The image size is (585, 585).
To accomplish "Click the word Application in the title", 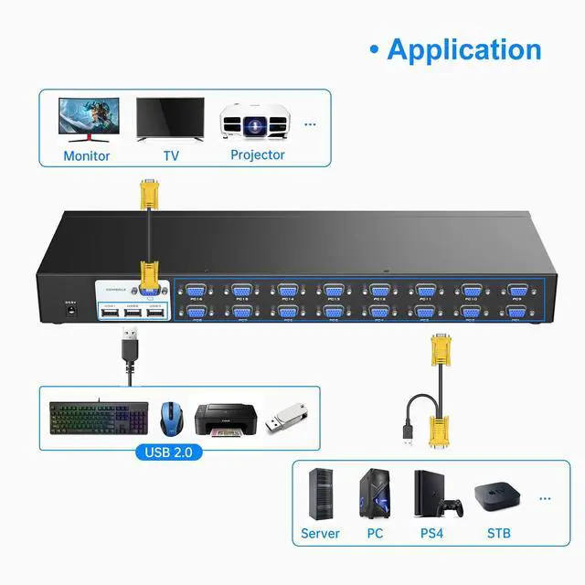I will tap(463, 48).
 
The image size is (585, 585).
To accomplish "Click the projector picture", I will tap(256, 120).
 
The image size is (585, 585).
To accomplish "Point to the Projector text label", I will tap(257, 154).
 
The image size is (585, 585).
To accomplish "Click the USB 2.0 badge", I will tap(168, 452).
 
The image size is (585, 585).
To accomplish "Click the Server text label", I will tap(320, 533).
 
